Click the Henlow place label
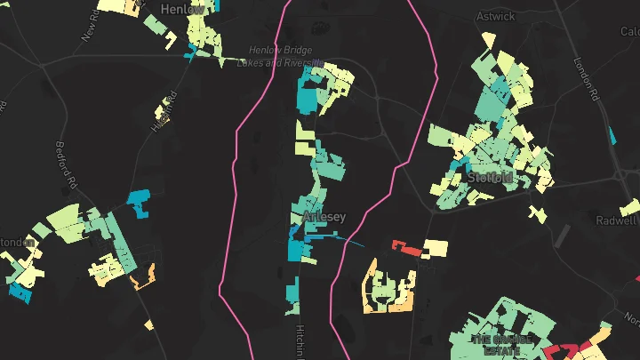click(182, 8)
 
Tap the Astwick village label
click(496, 15)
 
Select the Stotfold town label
click(490, 177)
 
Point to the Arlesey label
click(324, 217)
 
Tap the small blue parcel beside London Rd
click(612, 135)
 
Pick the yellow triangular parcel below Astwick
click(487, 41)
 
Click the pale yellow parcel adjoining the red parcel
click(436, 247)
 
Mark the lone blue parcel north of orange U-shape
click(140, 204)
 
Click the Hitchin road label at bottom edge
click(299, 342)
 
